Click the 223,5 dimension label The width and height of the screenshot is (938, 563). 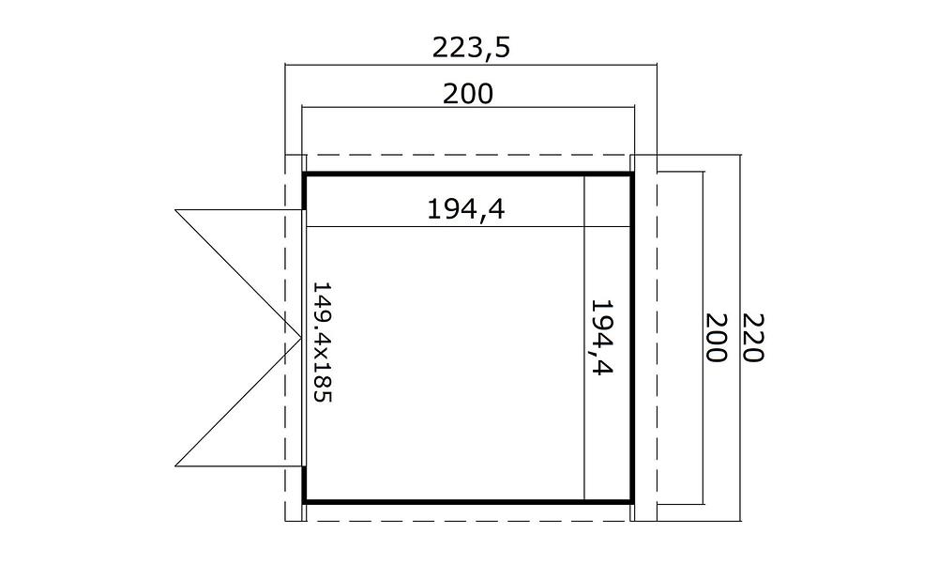point(472,48)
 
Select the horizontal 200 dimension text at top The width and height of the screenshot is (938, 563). point(468,94)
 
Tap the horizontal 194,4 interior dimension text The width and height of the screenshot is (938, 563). point(466,209)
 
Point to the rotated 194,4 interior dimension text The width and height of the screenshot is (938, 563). point(602,337)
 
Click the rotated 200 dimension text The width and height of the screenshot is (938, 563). point(716,338)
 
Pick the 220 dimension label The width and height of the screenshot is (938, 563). point(752,338)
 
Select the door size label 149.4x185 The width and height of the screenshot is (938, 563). point(323,342)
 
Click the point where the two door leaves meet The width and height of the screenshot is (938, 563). point(301,338)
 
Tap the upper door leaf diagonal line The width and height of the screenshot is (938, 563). point(238,274)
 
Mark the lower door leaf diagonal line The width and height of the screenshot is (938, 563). point(238,402)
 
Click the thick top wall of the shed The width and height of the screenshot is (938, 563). point(468,175)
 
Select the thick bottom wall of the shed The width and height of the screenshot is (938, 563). point(468,501)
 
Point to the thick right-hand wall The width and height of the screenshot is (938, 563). point(631,338)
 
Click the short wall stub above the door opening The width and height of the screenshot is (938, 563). point(305,191)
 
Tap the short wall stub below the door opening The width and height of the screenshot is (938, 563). point(305,484)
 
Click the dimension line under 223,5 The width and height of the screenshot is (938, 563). point(471,64)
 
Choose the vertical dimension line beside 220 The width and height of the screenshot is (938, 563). point(741,338)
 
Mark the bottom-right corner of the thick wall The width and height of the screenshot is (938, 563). point(631,502)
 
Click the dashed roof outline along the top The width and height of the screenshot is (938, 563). point(471,155)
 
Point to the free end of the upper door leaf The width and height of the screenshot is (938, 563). point(175,210)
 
